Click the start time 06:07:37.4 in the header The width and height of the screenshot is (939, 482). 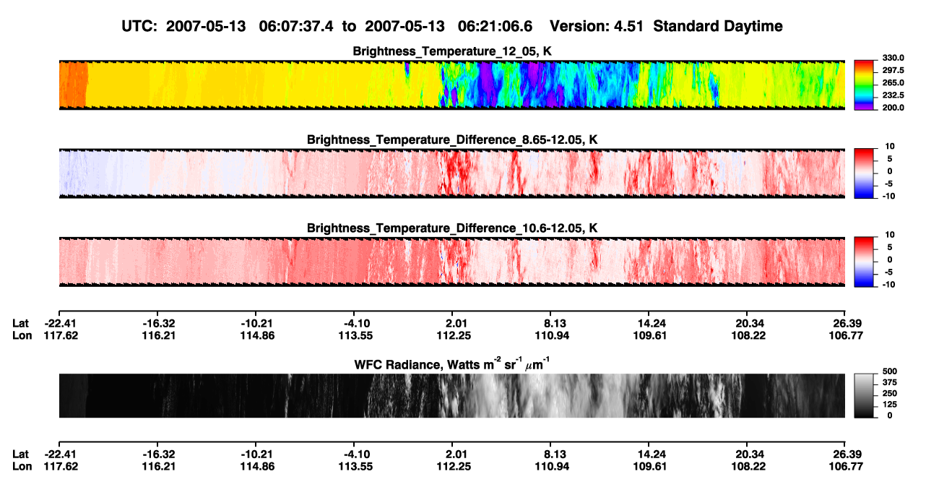click(295, 26)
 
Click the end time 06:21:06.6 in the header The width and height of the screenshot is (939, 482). click(495, 26)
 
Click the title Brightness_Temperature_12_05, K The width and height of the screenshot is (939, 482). click(452, 51)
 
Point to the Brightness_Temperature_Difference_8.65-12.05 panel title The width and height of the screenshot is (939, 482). click(452, 139)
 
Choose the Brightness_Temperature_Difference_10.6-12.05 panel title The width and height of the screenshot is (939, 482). click(452, 228)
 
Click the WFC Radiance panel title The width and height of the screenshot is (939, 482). click(452, 364)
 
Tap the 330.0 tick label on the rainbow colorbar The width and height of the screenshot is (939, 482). click(893, 58)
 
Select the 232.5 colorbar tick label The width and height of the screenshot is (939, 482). click(893, 95)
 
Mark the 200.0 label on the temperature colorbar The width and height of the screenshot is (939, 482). click(893, 108)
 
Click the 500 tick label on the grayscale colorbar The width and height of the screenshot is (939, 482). click(890, 371)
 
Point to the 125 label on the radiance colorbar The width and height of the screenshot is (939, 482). click(890, 405)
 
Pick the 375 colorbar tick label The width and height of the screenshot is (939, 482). click(890, 382)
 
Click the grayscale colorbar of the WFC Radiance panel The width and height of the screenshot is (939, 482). click(864, 395)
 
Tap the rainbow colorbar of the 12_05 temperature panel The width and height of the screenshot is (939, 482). click(864, 85)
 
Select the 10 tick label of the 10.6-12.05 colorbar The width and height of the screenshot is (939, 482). click(890, 235)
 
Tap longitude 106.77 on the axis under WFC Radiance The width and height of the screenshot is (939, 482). click(846, 467)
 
